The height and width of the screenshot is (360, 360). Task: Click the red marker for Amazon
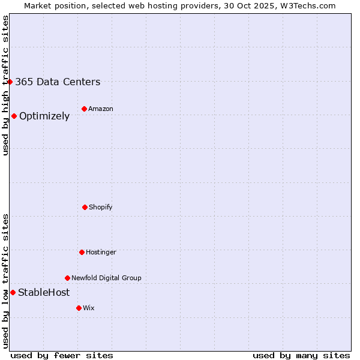click(84, 109)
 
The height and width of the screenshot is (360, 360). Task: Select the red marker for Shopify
click(85, 207)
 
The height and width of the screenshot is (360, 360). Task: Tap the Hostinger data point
click(82, 252)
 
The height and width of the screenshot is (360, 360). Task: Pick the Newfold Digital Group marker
click(67, 278)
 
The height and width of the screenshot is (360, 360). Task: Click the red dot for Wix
click(79, 308)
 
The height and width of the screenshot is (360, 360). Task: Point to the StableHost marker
click(13, 292)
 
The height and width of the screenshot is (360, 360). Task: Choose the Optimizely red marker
click(14, 116)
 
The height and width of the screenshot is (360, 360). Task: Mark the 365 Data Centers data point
click(10, 82)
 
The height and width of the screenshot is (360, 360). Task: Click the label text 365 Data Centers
click(58, 82)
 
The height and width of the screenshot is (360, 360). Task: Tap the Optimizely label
click(44, 116)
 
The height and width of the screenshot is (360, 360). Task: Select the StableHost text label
click(44, 293)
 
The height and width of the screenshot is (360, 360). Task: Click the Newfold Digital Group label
click(106, 278)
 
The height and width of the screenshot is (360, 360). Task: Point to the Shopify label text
click(100, 207)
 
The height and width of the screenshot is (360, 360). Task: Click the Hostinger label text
click(101, 252)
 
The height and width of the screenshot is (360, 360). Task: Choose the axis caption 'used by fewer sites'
click(62, 355)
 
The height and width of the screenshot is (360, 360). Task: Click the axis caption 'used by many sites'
click(301, 355)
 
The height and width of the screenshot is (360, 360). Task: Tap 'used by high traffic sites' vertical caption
click(5, 85)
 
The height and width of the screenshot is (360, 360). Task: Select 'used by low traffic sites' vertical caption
click(5, 281)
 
